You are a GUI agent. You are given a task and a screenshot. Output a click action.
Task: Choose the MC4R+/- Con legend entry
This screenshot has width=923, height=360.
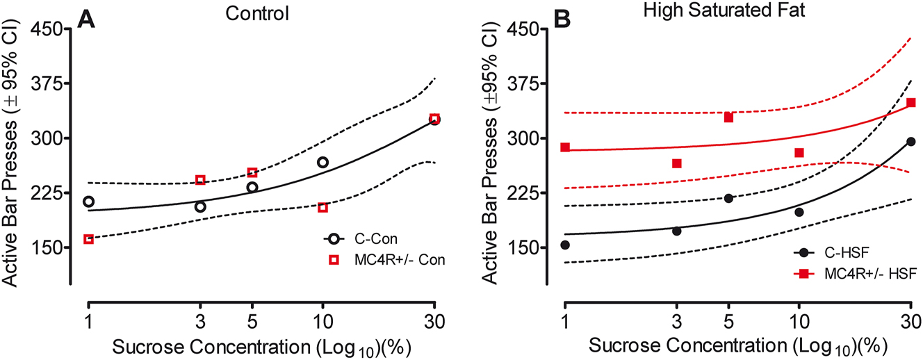tap(386, 259)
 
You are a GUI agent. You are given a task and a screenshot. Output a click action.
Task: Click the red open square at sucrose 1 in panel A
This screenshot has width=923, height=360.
tap(88, 239)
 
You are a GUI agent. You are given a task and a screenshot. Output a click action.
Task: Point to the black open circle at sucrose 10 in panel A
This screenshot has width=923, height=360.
tap(322, 162)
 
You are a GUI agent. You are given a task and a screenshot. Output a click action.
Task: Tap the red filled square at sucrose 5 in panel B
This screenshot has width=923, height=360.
tap(728, 117)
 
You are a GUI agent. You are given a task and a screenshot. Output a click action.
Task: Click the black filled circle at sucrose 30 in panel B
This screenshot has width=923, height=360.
tap(910, 142)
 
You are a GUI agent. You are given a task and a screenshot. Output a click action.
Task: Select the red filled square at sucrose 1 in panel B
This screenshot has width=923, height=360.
tap(565, 147)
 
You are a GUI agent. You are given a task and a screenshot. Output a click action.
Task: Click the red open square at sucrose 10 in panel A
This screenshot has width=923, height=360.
tap(322, 207)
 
